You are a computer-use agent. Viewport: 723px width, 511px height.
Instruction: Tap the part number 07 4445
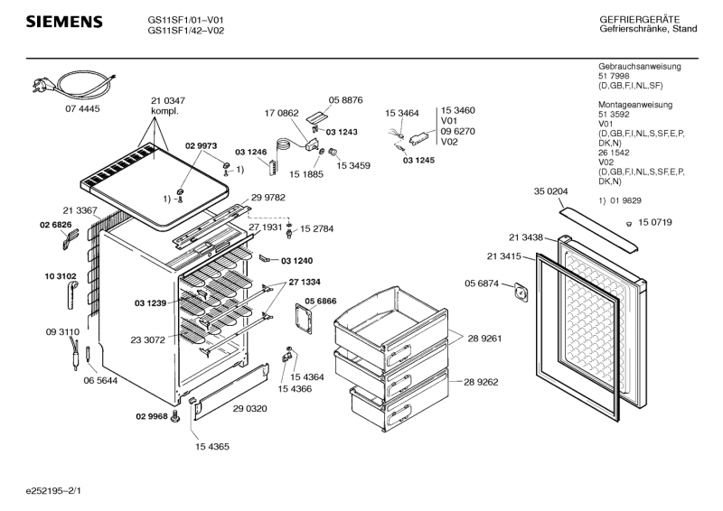click(x=82, y=108)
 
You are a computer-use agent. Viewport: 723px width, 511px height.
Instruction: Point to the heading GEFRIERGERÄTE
click(x=640, y=19)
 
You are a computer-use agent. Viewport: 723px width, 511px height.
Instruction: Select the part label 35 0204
click(x=550, y=191)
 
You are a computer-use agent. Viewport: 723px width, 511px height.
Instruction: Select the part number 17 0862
click(x=281, y=113)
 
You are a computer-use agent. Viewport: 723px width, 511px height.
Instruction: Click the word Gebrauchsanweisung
click(x=640, y=68)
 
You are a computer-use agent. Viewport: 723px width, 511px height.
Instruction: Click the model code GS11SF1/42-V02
click(x=186, y=29)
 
